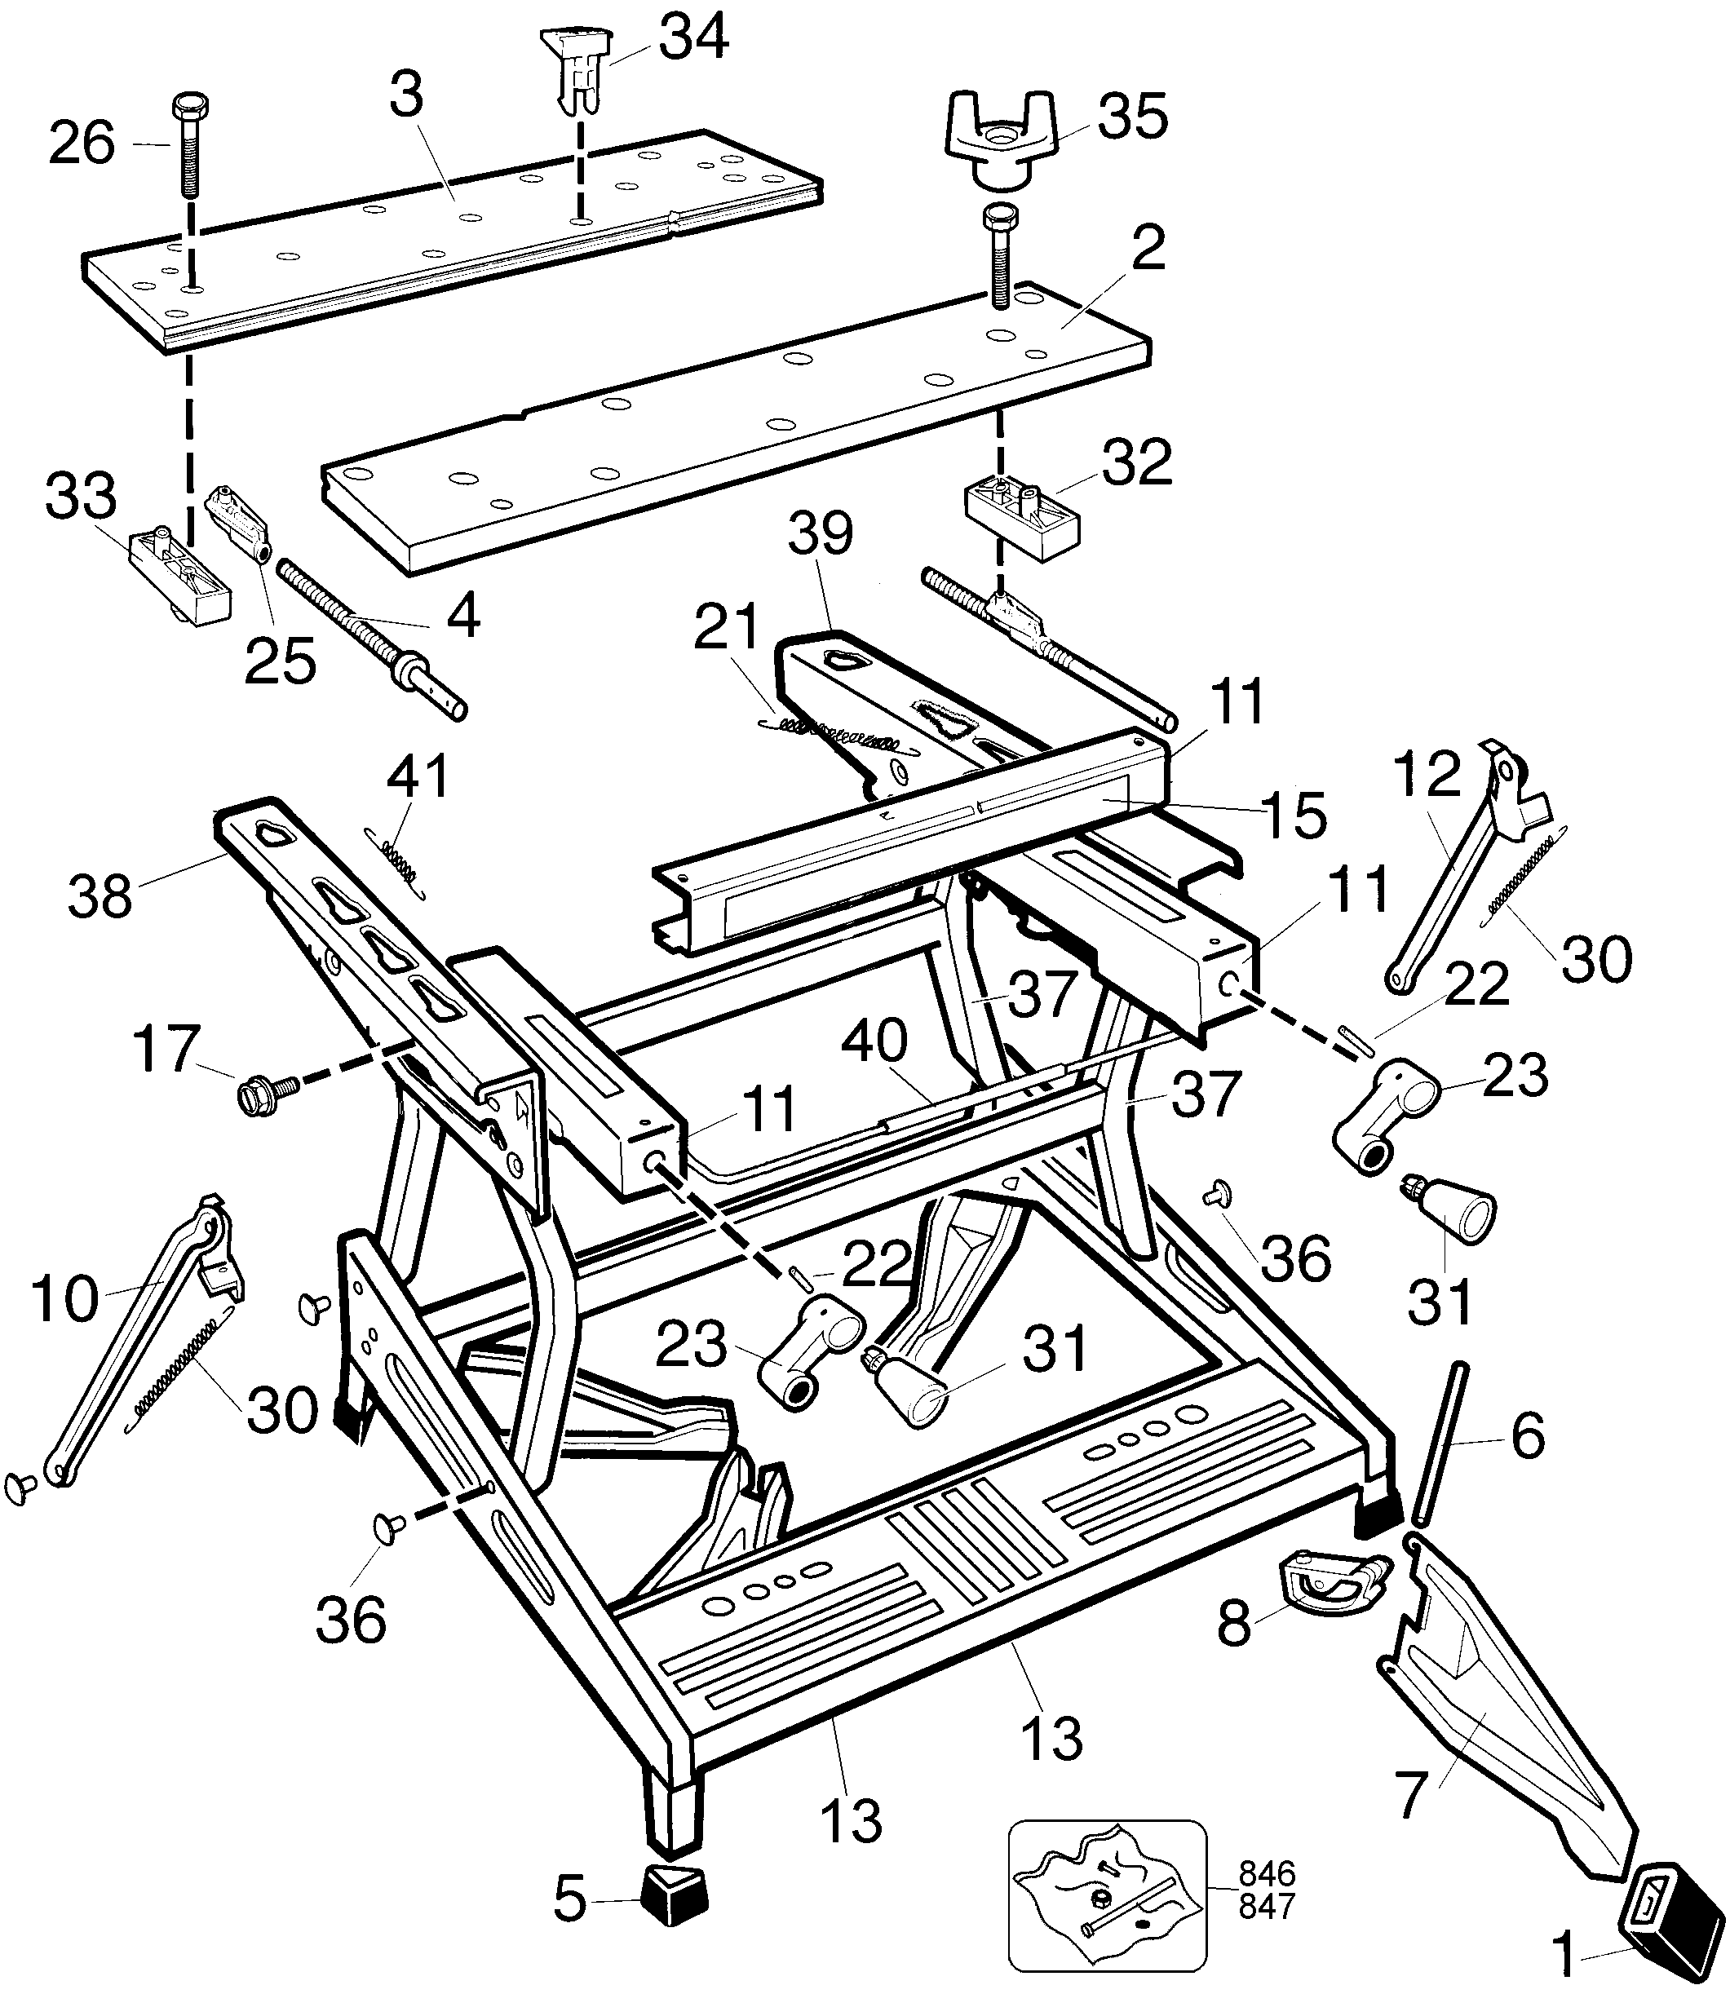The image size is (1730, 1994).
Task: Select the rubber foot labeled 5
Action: [x=674, y=1895]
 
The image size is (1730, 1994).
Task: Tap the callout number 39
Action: [x=821, y=535]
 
